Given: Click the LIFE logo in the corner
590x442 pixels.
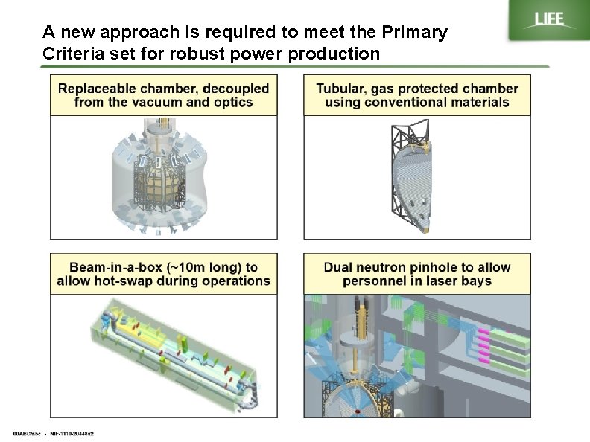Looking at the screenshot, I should pos(548,20).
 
